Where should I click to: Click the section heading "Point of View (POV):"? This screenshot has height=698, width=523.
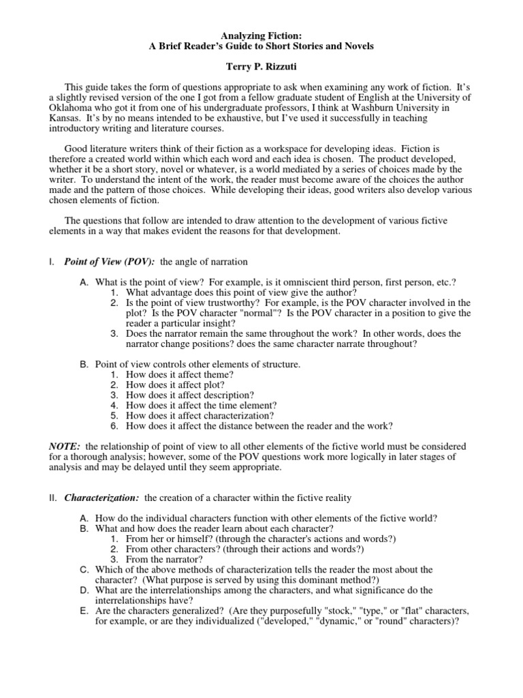[x=110, y=262]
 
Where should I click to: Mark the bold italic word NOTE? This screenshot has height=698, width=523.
[x=66, y=446]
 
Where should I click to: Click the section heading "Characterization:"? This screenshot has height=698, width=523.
[x=103, y=498]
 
